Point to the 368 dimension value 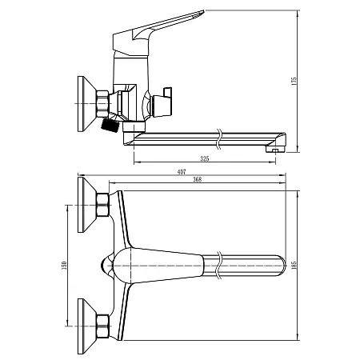pos(197,180)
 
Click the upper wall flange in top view pos(83,206)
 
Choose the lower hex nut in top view pos(102,325)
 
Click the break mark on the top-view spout pos(218,265)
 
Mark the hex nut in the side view pos(102,102)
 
